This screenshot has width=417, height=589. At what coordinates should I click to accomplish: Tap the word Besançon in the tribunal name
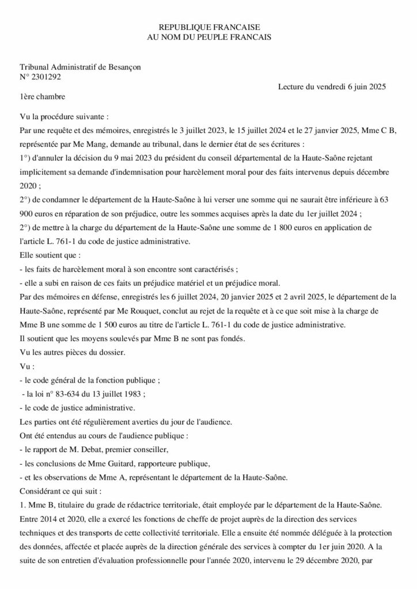tap(122, 67)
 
